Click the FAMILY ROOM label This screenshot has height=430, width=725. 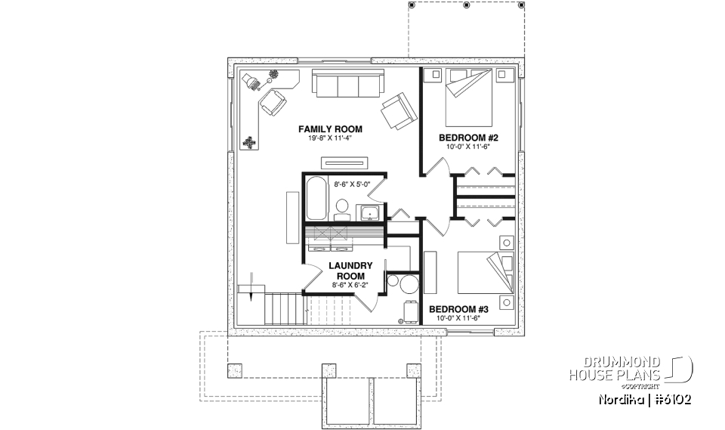click(x=330, y=129)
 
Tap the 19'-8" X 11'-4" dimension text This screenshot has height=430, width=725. click(x=330, y=139)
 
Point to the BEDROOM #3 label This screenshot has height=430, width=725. click(x=458, y=309)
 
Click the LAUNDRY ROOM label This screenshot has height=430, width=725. click(x=350, y=271)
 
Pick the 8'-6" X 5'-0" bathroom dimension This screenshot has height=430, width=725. click(x=354, y=183)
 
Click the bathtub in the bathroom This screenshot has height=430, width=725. click(x=316, y=198)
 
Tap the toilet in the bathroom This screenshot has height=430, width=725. click(x=341, y=208)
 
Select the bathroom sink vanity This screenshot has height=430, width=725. click(x=369, y=212)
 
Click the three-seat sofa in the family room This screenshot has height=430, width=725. click(x=348, y=85)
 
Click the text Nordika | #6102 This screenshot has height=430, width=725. click(x=642, y=399)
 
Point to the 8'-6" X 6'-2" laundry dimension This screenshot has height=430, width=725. click(x=350, y=286)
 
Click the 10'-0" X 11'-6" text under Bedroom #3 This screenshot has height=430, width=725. click(x=458, y=318)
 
